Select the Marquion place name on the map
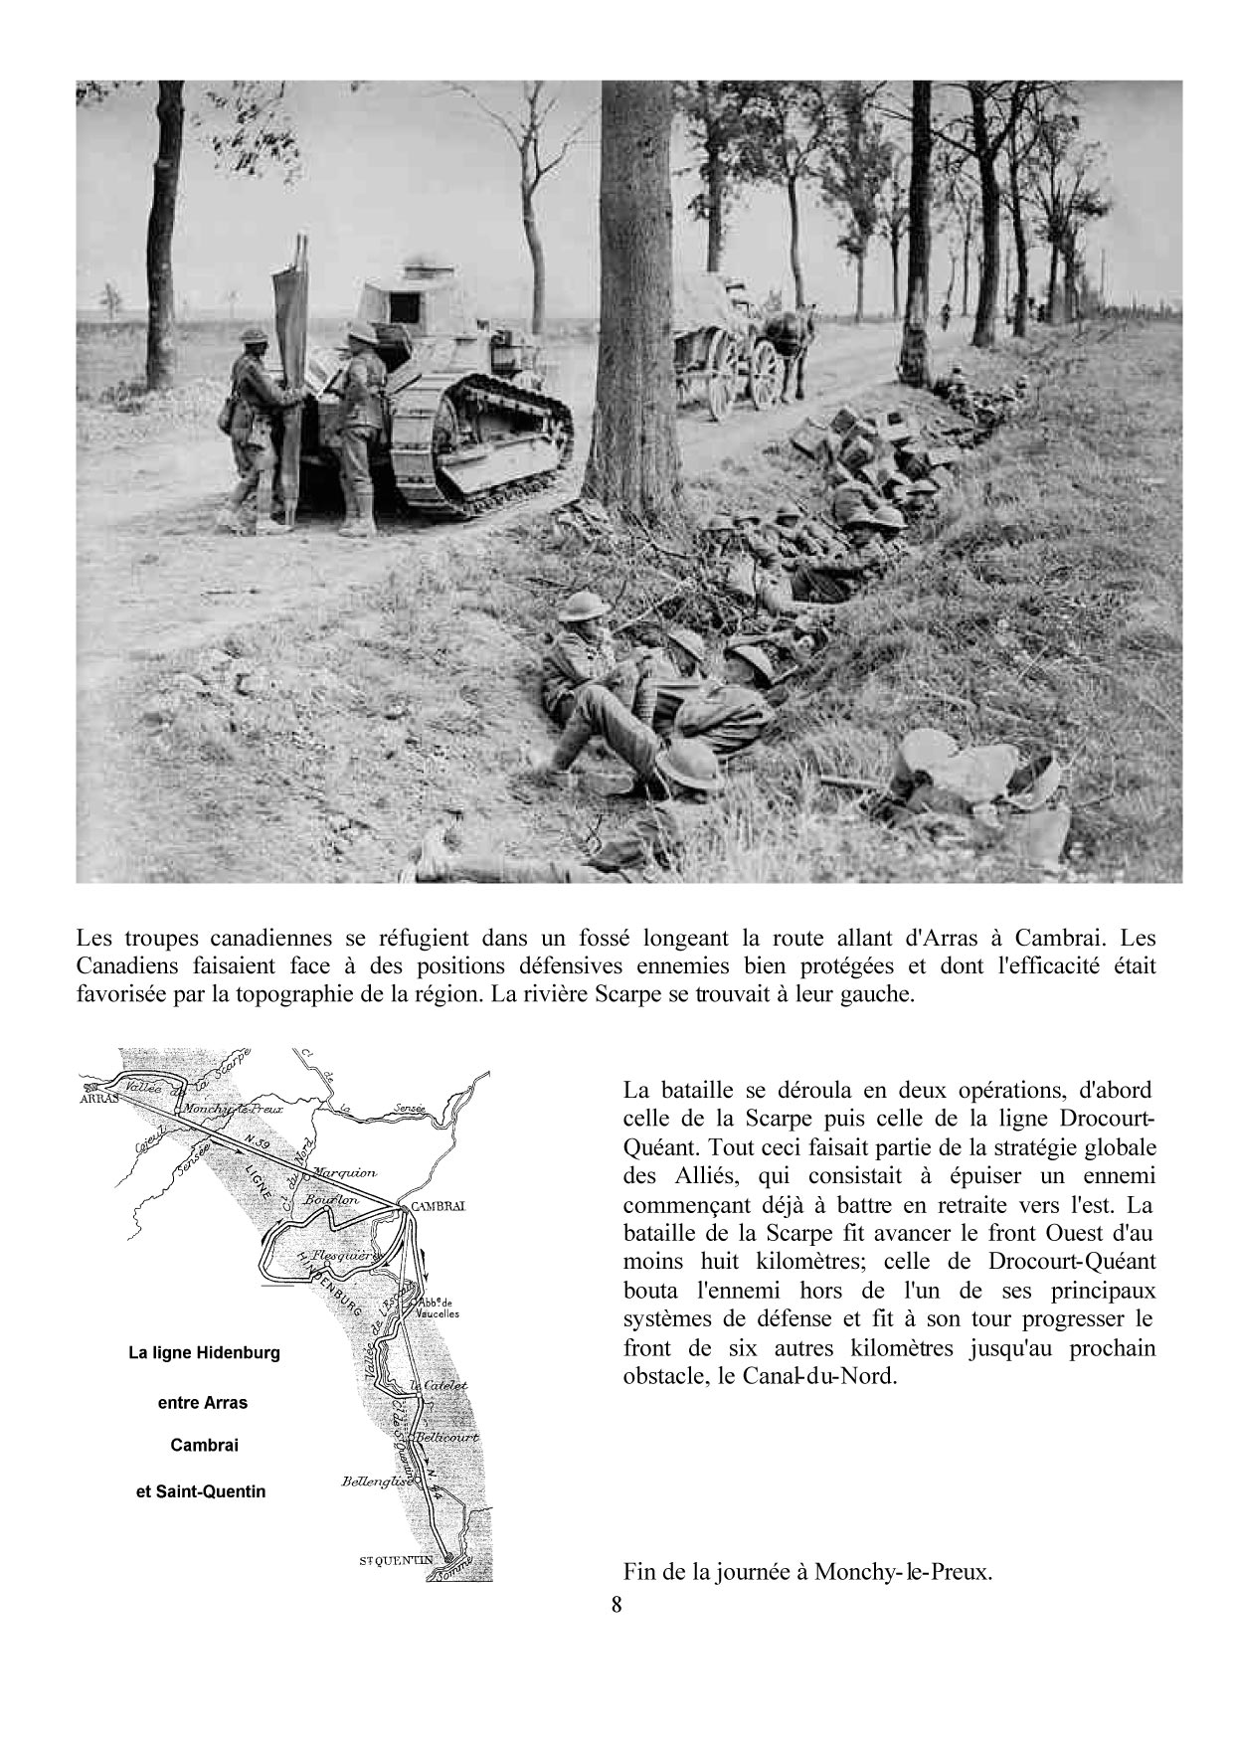pos(345,1173)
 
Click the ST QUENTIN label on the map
pos(397,1561)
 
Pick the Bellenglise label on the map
pos(373,1481)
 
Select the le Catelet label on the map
pos(439,1385)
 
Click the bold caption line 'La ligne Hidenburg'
pos(204,1353)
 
